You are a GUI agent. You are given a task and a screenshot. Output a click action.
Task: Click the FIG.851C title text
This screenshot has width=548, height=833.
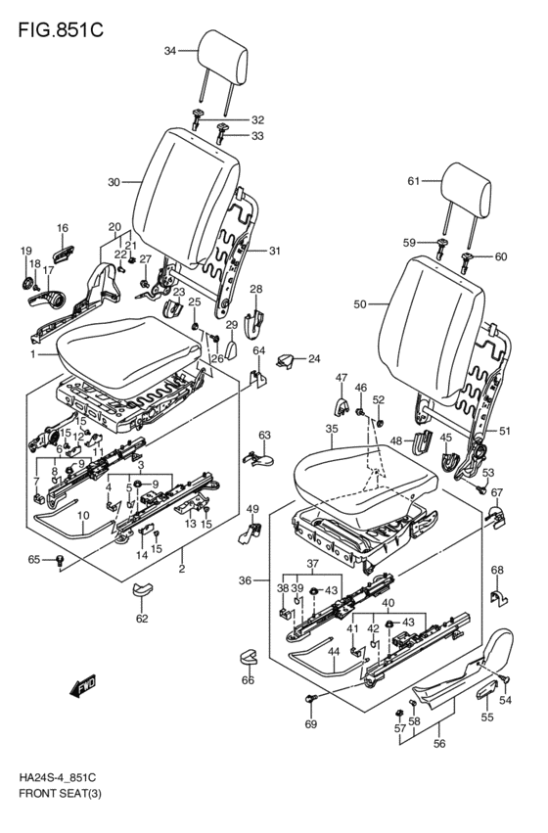click(61, 30)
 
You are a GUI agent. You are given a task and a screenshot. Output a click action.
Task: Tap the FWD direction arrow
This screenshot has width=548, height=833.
click(83, 686)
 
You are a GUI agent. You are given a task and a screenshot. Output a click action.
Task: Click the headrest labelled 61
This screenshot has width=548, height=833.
click(465, 190)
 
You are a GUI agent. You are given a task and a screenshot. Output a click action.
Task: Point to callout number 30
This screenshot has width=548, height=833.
click(114, 182)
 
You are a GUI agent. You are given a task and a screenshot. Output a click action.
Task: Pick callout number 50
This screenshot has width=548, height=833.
click(360, 304)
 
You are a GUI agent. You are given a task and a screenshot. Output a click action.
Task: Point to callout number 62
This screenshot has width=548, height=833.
click(142, 619)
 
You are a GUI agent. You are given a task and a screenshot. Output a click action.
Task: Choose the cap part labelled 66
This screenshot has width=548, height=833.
click(248, 656)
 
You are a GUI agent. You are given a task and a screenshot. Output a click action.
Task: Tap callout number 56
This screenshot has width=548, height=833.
click(439, 744)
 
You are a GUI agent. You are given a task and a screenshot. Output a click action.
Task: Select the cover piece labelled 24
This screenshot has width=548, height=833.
click(286, 361)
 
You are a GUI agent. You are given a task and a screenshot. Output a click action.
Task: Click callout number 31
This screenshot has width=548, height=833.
click(274, 251)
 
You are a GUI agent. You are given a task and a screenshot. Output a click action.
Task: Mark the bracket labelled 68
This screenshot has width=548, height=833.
click(499, 597)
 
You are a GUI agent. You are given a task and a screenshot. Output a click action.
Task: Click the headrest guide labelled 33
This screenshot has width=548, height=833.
click(222, 133)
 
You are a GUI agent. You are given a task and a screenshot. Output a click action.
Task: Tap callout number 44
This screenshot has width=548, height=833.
click(333, 651)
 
